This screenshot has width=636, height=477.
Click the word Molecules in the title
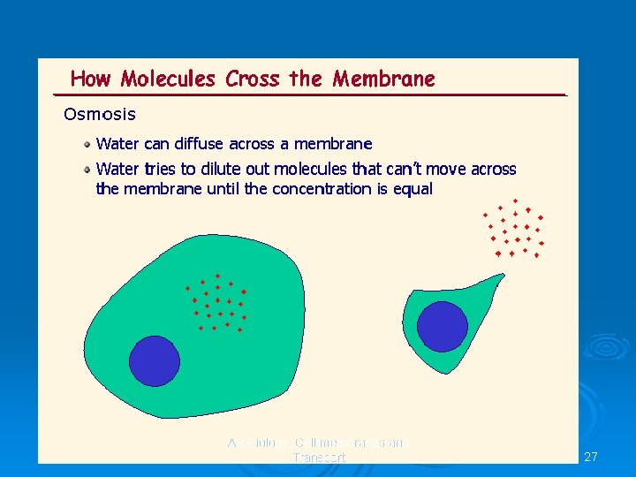(x=168, y=79)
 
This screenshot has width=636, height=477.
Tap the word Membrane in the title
(x=384, y=79)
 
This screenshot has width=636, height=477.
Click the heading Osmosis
(x=100, y=114)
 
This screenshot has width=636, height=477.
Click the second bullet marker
(x=87, y=169)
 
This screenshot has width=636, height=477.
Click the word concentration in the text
(x=328, y=189)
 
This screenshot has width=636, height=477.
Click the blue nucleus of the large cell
(x=155, y=361)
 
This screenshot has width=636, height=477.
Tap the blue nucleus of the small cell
(x=442, y=326)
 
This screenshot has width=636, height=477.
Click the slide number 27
(x=591, y=457)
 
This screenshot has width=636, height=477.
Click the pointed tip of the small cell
(x=504, y=275)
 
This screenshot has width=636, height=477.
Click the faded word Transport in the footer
(x=319, y=458)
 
